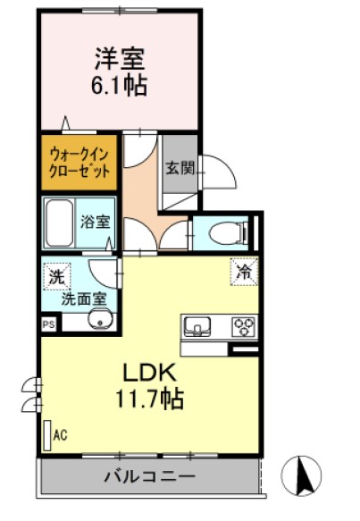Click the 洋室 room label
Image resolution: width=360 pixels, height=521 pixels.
point(119,59)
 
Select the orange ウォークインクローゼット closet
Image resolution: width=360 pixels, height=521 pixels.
point(79,161)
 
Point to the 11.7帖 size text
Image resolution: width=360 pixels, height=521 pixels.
point(148,399)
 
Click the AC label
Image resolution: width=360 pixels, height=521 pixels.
point(62,435)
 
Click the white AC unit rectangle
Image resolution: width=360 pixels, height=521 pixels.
point(47,434)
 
